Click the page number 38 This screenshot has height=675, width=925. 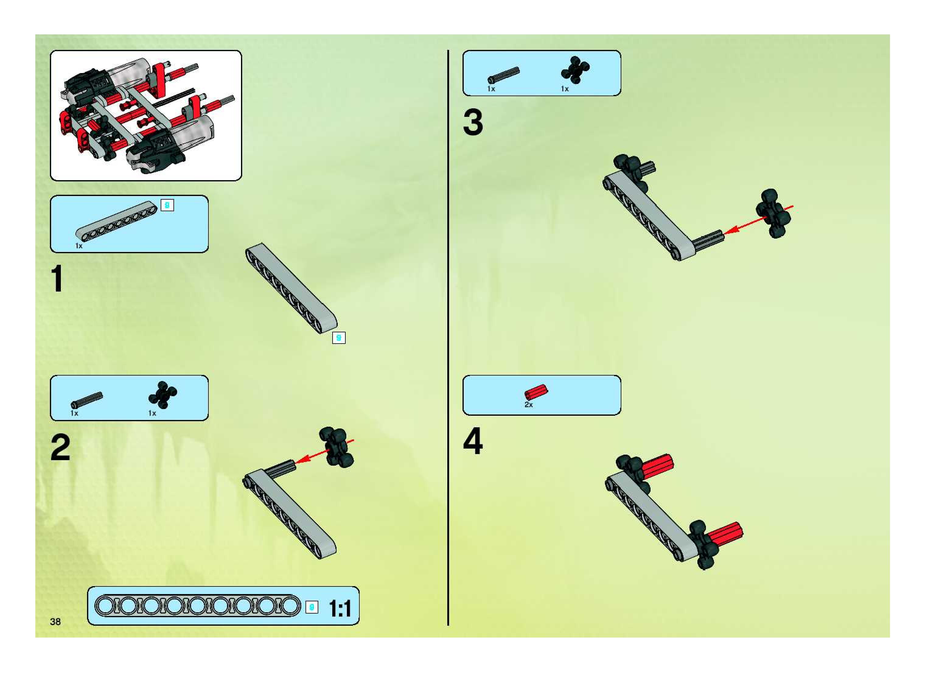55,621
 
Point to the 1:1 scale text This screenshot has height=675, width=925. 340,609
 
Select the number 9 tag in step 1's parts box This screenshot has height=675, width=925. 167,205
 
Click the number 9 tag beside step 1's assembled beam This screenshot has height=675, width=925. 339,338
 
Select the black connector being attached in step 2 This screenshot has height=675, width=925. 336,447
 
